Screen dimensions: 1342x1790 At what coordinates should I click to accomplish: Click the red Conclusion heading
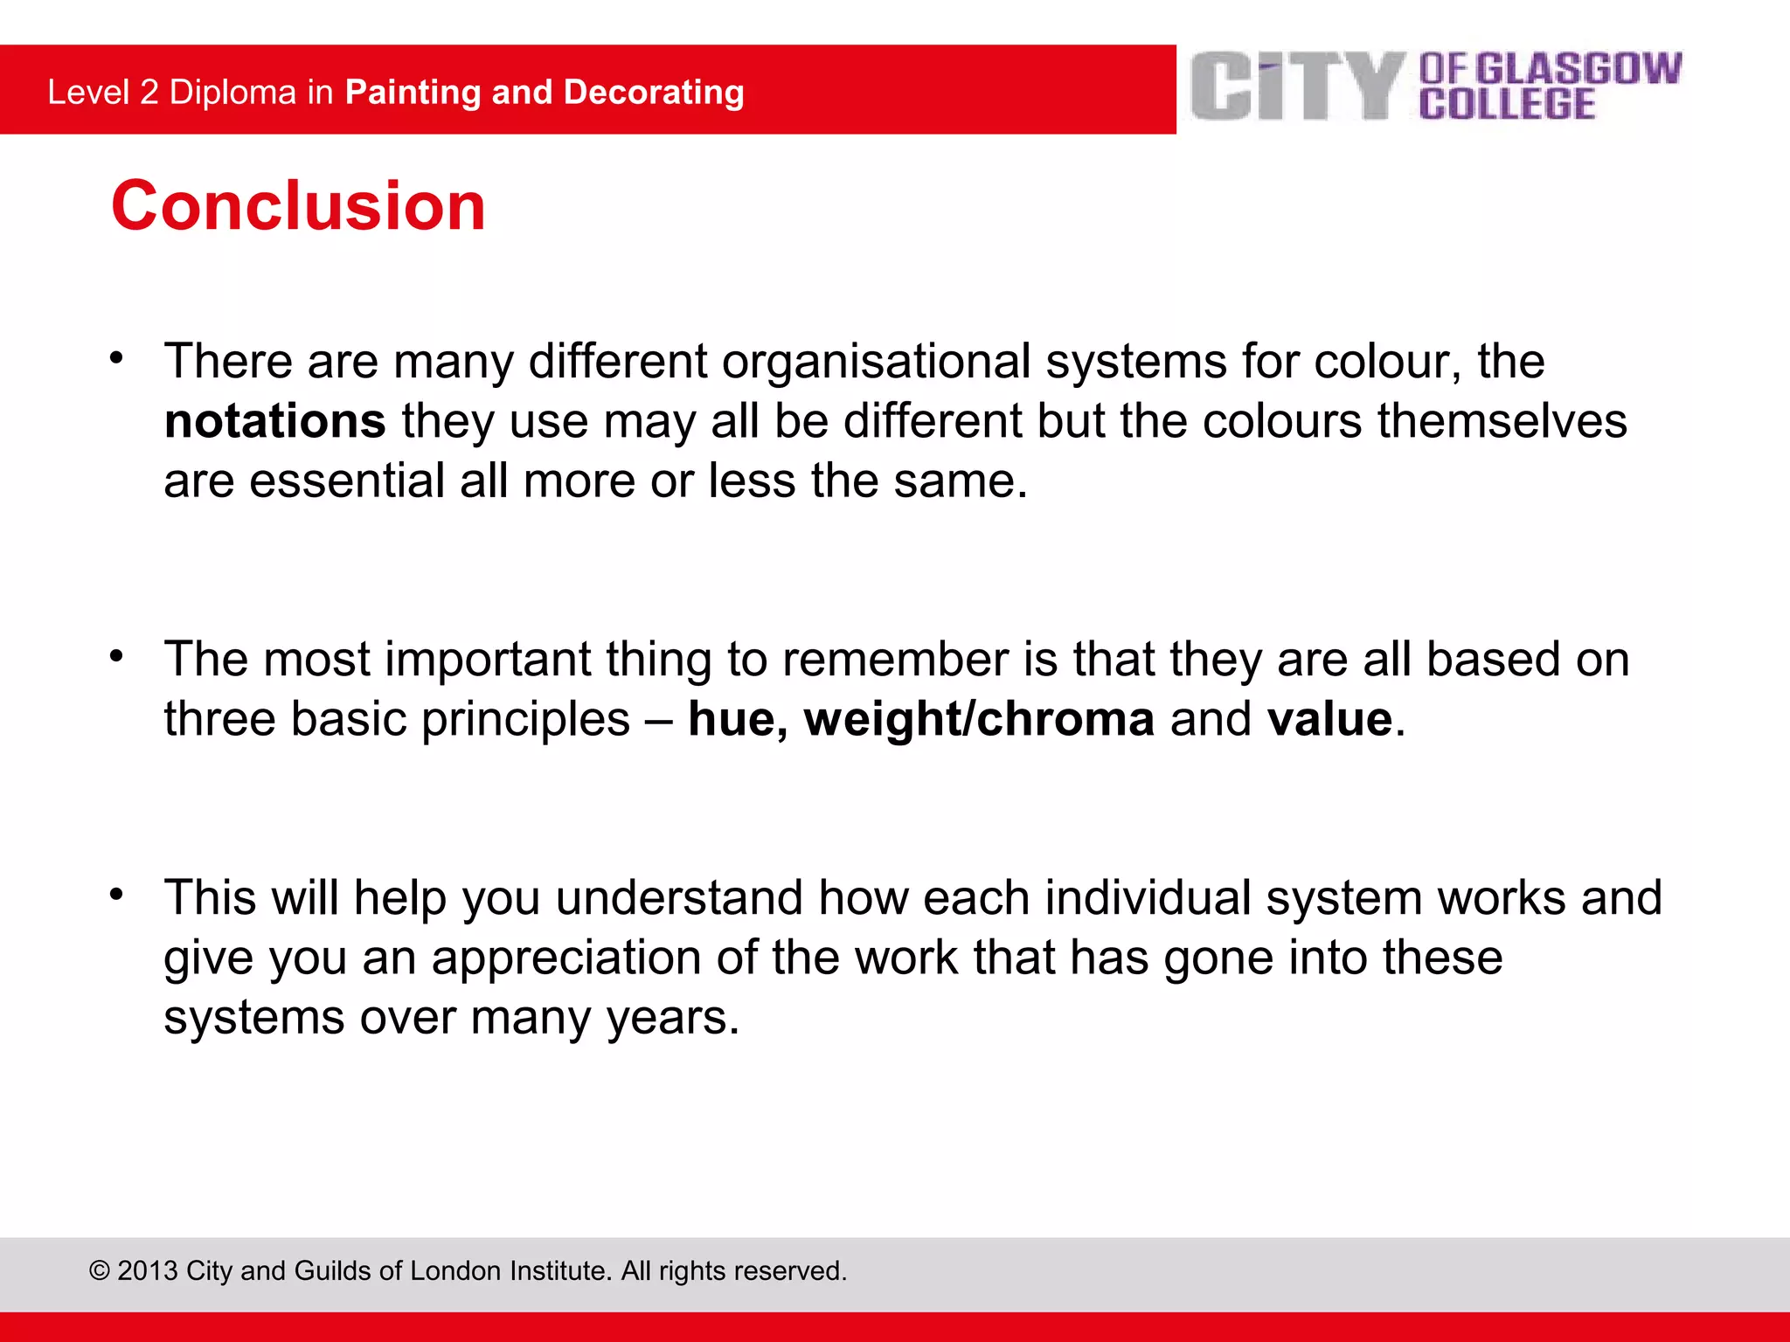pyautogui.click(x=298, y=206)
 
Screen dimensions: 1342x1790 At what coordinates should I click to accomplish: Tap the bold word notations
pyautogui.click(x=274, y=421)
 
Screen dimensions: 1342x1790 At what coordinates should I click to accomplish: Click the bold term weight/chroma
pyautogui.click(x=979, y=719)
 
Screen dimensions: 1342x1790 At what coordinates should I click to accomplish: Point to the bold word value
pyautogui.click(x=1329, y=719)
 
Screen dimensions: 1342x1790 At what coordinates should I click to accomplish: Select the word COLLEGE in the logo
pyautogui.click(x=1507, y=104)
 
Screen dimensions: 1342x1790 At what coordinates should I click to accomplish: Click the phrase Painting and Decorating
pyautogui.click(x=545, y=93)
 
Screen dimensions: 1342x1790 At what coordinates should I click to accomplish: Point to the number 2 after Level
pyautogui.click(x=149, y=93)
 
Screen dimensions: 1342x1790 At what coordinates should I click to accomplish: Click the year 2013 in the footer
pyautogui.click(x=148, y=1270)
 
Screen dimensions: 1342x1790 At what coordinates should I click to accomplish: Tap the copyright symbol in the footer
pyautogui.click(x=100, y=1270)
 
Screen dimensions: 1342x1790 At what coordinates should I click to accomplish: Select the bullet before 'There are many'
pyautogui.click(x=116, y=357)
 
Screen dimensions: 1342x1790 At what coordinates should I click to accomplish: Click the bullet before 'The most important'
pyautogui.click(x=116, y=655)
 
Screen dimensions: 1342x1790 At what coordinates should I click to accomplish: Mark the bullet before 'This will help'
pyautogui.click(x=116, y=894)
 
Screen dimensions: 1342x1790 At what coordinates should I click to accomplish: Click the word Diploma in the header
pyautogui.click(x=232, y=93)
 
